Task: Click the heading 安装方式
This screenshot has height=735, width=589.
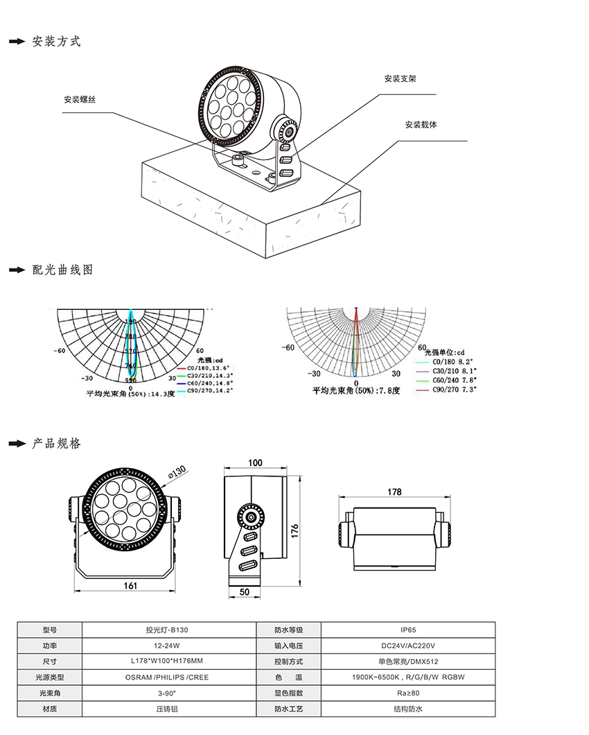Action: [x=56, y=42]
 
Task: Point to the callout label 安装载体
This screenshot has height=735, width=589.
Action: [x=421, y=125]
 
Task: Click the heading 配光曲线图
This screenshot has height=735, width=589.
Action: [x=62, y=270]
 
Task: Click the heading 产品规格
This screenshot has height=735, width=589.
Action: [x=56, y=443]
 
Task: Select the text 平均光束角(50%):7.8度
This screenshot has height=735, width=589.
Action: [x=356, y=391]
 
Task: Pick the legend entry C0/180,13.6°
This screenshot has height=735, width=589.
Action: [x=209, y=367]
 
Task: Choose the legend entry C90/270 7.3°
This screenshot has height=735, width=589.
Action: [x=455, y=390]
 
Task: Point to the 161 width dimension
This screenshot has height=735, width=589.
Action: [x=130, y=586]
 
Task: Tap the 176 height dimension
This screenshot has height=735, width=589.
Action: [x=294, y=530]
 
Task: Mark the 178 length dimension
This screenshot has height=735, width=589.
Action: [x=394, y=492]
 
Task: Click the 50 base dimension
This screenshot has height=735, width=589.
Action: [x=244, y=591]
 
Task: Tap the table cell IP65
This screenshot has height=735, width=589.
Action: [x=408, y=630]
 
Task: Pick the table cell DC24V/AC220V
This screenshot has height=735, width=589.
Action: [x=408, y=646]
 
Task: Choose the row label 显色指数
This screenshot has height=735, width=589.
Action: [x=289, y=693]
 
